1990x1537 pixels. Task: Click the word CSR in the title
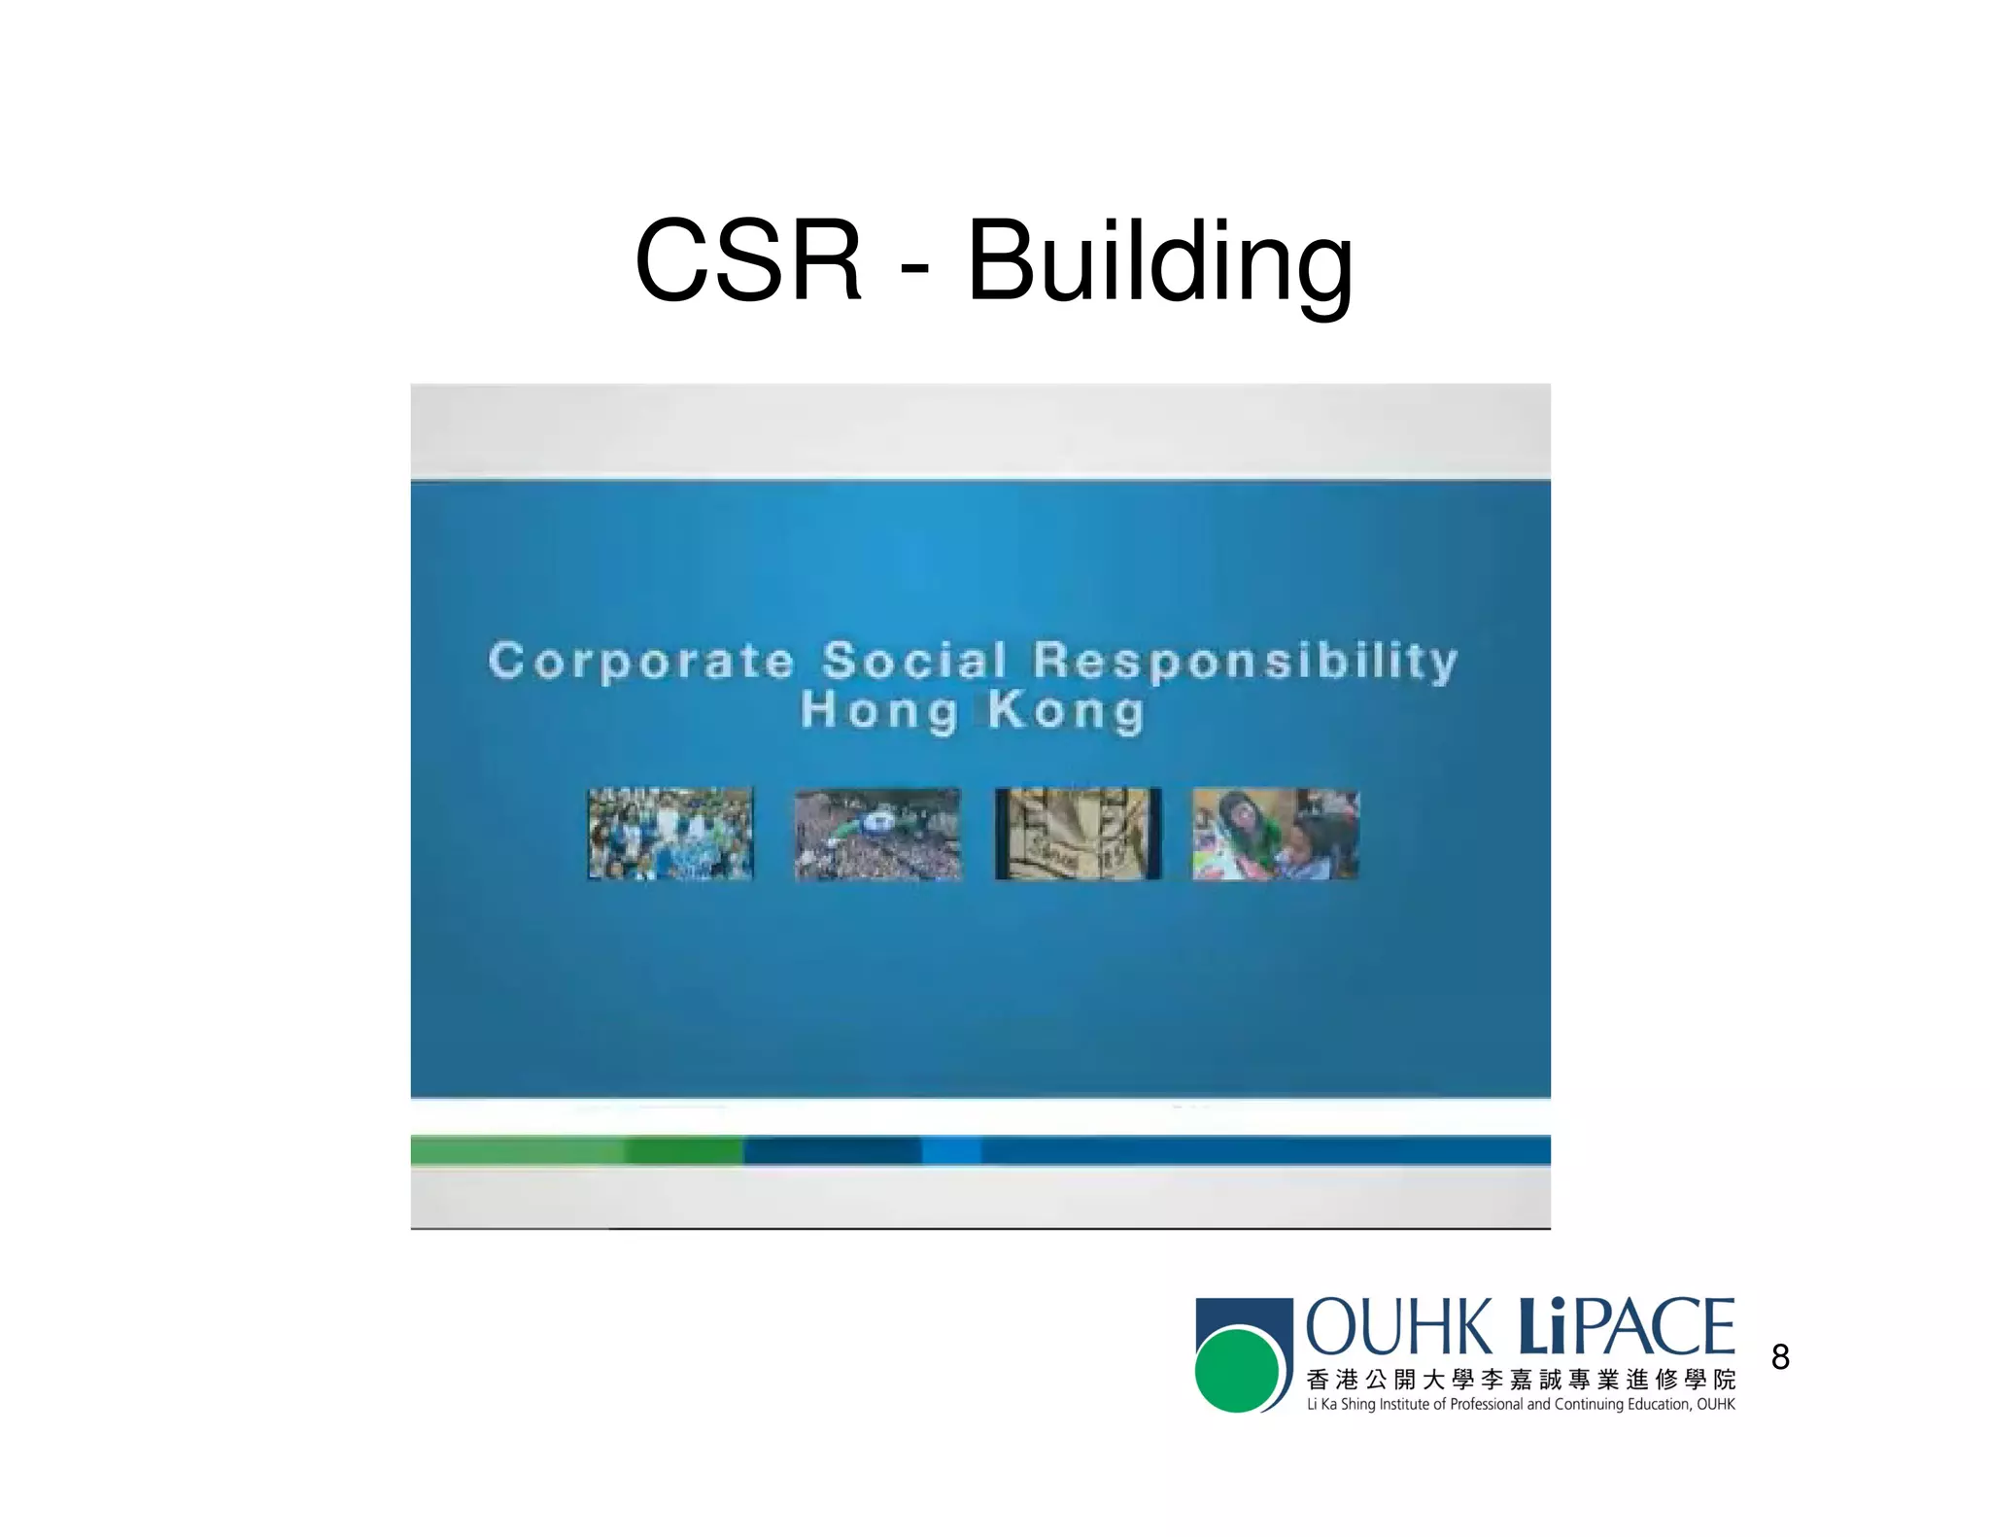[747, 260]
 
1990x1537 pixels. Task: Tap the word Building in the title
[1159, 260]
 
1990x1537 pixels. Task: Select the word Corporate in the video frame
[641, 661]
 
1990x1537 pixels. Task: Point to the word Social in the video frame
[914, 661]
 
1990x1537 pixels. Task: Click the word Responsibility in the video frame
[1245, 661]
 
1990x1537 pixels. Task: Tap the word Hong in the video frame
[879, 710]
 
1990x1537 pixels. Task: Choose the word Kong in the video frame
[1066, 710]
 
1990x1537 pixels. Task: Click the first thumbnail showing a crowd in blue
[669, 834]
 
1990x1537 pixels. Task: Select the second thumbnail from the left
[877, 834]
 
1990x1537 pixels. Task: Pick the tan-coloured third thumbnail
[1078, 834]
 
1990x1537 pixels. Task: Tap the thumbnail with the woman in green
[1275, 834]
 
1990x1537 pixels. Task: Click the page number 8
[1780, 1356]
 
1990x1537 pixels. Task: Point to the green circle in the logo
[1236, 1371]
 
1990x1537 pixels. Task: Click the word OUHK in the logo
[1397, 1327]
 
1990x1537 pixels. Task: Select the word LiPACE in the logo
[1625, 1327]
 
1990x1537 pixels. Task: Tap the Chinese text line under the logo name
[1521, 1380]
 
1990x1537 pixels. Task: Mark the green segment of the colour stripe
[577, 1150]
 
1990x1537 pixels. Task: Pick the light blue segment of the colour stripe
[951, 1150]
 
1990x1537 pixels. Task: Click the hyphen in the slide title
[914, 264]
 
